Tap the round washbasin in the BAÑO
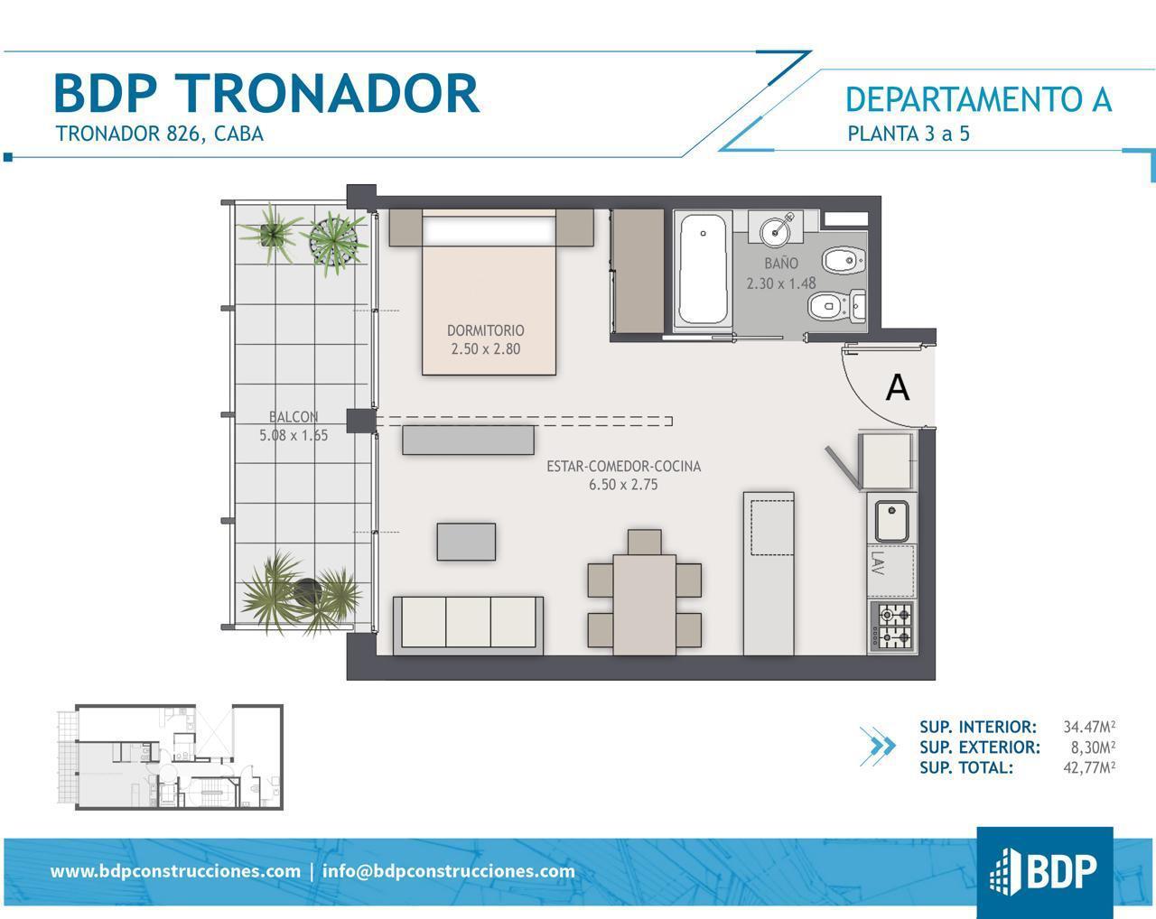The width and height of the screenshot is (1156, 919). (776, 232)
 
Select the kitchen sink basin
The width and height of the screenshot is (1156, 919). (891, 521)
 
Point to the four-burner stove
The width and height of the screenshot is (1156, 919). (893, 627)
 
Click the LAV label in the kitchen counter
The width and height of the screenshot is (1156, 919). (877, 563)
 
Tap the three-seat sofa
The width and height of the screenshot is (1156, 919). (468, 626)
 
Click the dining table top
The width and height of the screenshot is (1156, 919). (644, 605)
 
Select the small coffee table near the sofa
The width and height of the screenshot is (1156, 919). (466, 542)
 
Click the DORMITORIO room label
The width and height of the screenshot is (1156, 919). (486, 330)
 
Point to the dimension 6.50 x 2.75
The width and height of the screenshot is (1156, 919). (623, 485)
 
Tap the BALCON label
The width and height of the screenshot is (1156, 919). (294, 417)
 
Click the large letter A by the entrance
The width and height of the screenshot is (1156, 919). (897, 387)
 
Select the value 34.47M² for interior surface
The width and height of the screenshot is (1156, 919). (1089, 727)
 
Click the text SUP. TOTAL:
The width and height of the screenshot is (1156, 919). (965, 767)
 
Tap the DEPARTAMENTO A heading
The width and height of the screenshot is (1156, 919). (978, 99)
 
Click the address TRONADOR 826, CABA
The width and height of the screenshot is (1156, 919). (160, 134)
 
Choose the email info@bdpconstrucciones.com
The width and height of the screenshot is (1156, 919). (449, 870)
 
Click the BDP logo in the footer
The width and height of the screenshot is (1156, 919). (1044, 872)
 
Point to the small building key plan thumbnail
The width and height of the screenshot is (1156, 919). (170, 757)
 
